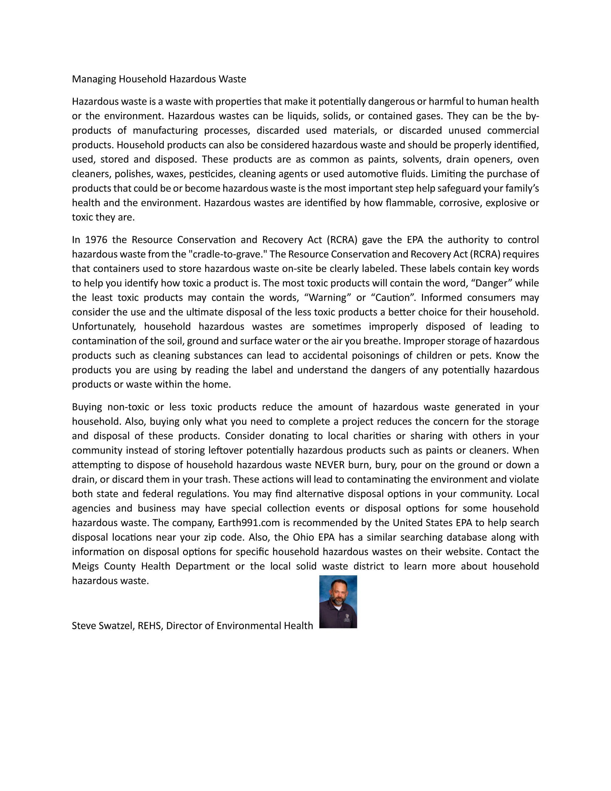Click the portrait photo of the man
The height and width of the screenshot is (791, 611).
[338, 602]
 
